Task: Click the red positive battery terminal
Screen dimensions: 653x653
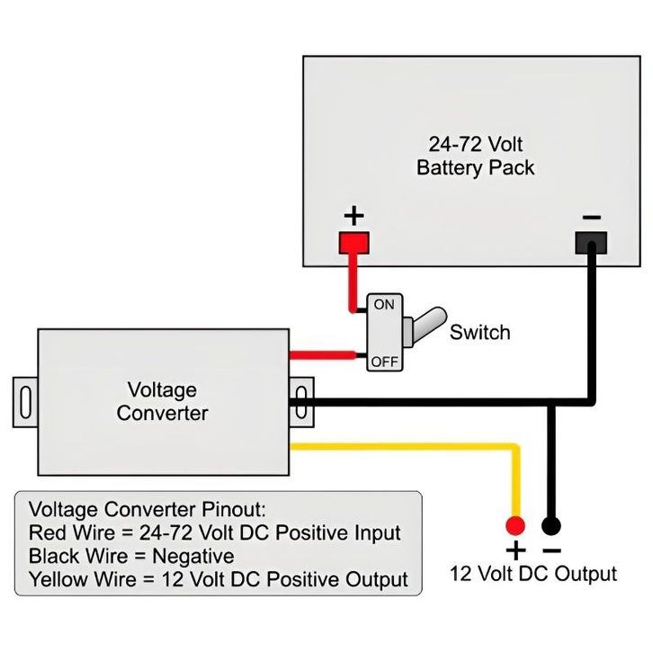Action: pyautogui.click(x=354, y=242)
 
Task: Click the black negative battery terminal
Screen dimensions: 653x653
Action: pyautogui.click(x=591, y=242)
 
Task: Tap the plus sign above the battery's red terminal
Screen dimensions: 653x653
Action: pyautogui.click(x=355, y=216)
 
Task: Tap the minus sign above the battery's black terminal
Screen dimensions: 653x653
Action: pyautogui.click(x=591, y=217)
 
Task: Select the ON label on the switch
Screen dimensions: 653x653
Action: pyautogui.click(x=384, y=305)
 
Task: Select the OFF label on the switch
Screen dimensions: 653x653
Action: pyautogui.click(x=384, y=362)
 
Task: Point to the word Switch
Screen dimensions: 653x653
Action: pyautogui.click(x=479, y=332)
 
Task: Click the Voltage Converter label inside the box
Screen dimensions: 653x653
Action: pyautogui.click(x=162, y=402)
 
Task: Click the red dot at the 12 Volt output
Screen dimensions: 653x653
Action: pyautogui.click(x=514, y=525)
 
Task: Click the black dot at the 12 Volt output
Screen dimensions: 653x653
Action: pyautogui.click(x=551, y=525)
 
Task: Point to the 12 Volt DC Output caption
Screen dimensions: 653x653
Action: pyautogui.click(x=533, y=574)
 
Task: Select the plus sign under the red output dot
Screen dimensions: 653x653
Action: pyautogui.click(x=515, y=550)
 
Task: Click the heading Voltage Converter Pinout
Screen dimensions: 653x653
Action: pyautogui.click(x=148, y=509)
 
